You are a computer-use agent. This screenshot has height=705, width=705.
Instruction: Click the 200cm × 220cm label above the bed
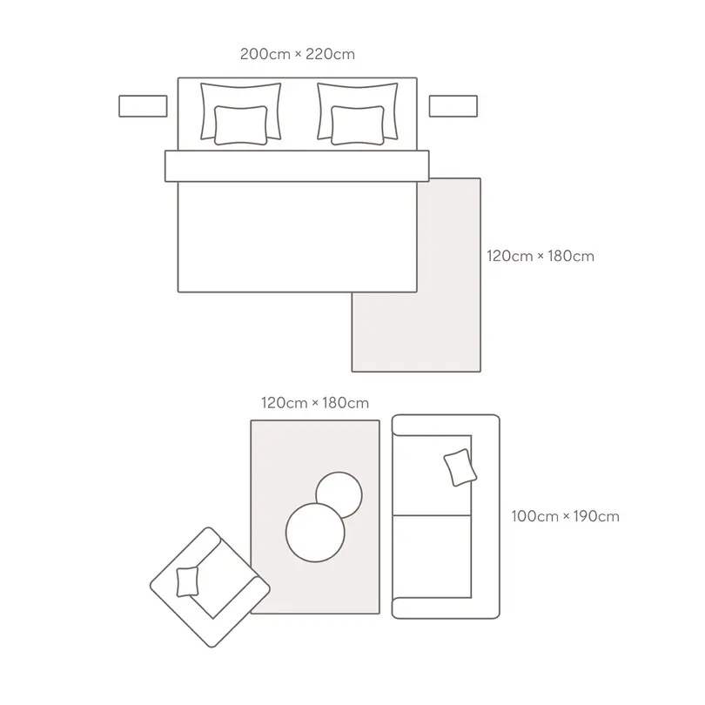pyautogui.click(x=297, y=54)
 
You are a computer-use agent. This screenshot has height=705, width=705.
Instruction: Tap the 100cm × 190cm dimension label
pyautogui.click(x=565, y=516)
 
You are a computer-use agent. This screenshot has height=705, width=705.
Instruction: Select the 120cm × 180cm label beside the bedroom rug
pyautogui.click(x=540, y=256)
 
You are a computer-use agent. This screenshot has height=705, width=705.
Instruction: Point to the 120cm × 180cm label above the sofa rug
pyautogui.click(x=315, y=403)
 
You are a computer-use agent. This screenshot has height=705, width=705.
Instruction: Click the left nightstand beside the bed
pyautogui.click(x=143, y=106)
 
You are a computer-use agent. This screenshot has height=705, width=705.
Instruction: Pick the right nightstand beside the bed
pyautogui.click(x=453, y=106)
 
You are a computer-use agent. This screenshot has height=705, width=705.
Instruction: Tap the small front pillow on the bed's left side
pyautogui.click(x=240, y=125)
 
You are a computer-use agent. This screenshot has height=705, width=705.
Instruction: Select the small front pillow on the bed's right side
pyautogui.click(x=358, y=125)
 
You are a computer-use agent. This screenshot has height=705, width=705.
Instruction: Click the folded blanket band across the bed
pyautogui.click(x=297, y=166)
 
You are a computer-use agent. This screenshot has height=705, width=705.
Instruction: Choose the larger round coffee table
pyautogui.click(x=315, y=533)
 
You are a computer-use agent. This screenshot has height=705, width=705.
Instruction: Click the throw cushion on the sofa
pyautogui.click(x=460, y=467)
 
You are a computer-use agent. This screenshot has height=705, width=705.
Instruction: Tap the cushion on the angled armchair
pyautogui.click(x=187, y=581)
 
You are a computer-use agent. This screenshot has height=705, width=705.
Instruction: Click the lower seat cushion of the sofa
pyautogui.click(x=432, y=557)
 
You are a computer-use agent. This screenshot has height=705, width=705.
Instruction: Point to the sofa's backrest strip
pyautogui.click(x=486, y=517)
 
